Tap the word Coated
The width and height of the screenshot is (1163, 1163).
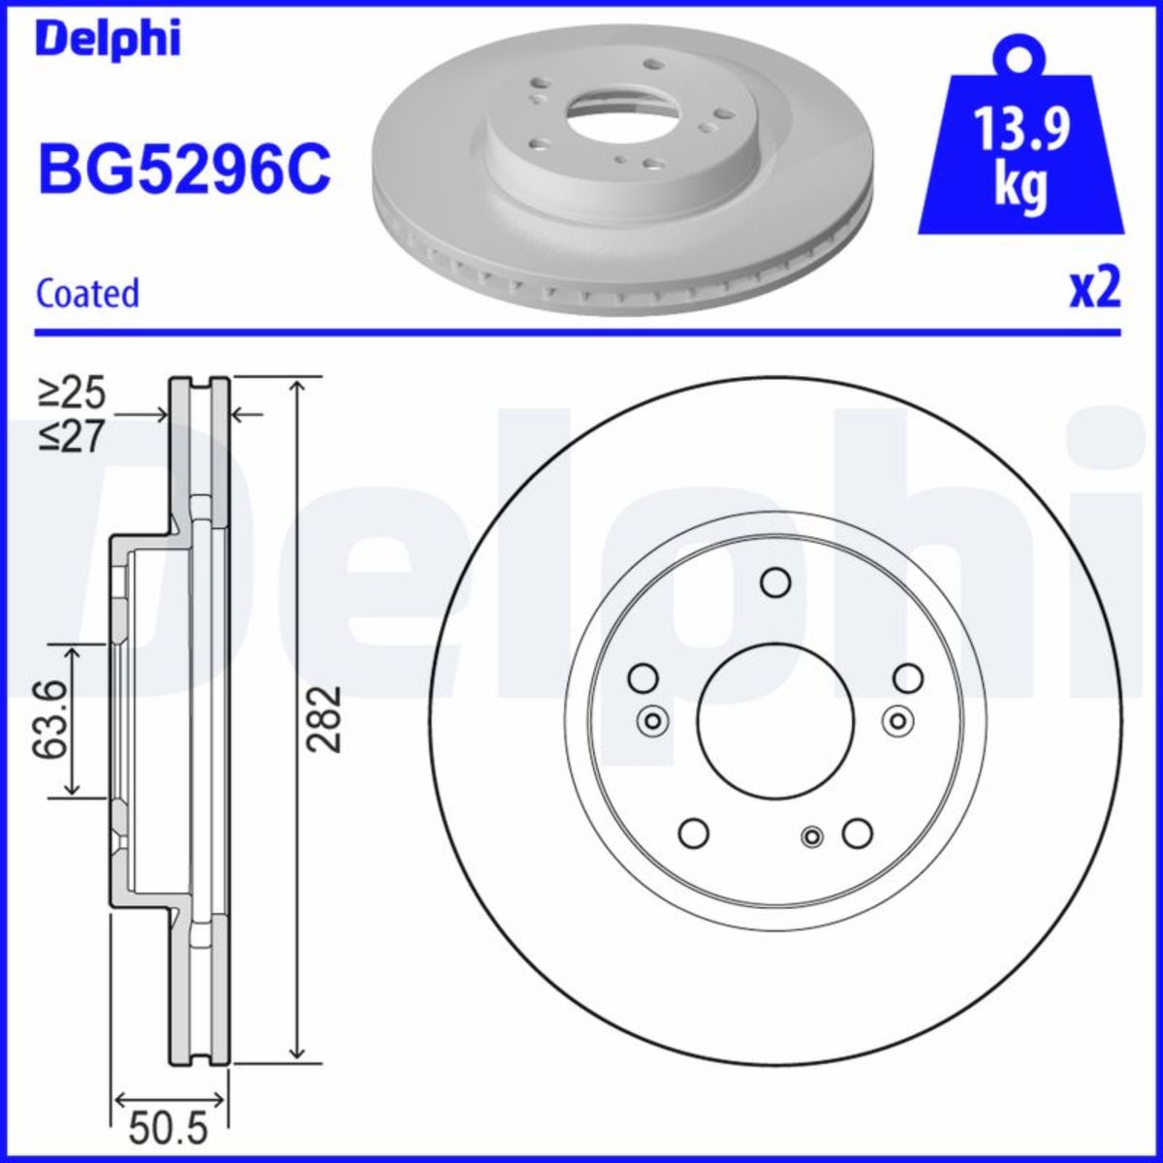88,293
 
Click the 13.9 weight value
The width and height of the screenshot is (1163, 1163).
1022,130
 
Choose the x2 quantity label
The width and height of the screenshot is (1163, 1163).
1094,288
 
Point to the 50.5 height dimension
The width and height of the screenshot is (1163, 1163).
170,1128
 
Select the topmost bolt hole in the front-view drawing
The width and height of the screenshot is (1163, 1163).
775,582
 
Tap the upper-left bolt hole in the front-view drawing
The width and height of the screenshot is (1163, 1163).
643,678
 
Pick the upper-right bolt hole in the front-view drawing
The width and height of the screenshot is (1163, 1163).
908,678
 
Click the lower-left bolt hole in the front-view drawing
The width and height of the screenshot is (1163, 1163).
693,833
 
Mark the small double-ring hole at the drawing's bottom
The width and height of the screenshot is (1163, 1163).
812,836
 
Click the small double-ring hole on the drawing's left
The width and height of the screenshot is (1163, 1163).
652,720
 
